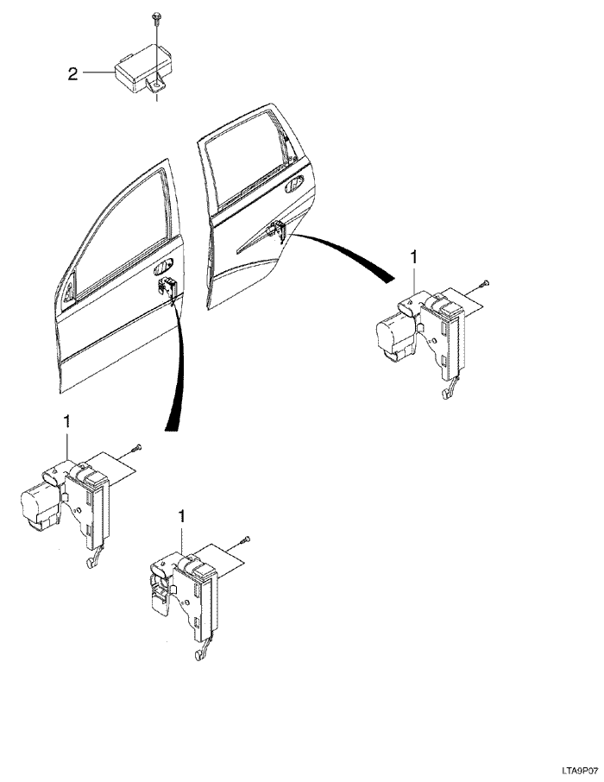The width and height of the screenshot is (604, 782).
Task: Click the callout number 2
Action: [x=72, y=75]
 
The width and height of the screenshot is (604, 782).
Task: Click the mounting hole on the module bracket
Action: [x=157, y=85]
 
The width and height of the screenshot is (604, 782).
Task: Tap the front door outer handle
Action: [x=164, y=267]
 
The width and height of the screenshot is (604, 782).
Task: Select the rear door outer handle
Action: [x=293, y=183]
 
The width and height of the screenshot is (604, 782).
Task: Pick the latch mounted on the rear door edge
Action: [x=277, y=230]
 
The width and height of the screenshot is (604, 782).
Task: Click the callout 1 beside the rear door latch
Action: [x=413, y=258]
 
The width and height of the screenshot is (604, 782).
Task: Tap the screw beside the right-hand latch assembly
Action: [x=484, y=284]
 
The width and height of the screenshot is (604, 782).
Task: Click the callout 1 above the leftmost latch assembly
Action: [x=66, y=422]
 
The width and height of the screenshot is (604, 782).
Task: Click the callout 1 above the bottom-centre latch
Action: [x=181, y=516]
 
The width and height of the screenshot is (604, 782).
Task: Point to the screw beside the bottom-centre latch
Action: [x=245, y=540]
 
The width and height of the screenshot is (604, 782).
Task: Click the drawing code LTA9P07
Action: [x=581, y=771]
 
